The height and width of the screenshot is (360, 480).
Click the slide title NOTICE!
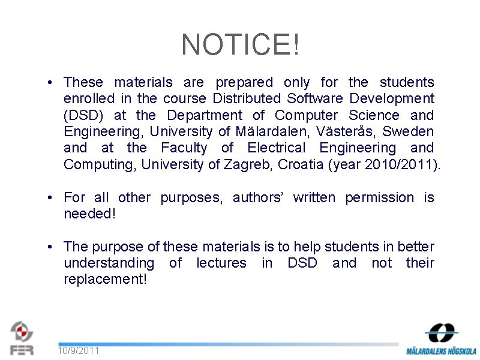[240, 44]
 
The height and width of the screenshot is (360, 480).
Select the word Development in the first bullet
[392, 98]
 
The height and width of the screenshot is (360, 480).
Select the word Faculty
[184, 148]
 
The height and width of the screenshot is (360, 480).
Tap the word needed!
[89, 214]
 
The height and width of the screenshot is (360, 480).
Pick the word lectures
[221, 263]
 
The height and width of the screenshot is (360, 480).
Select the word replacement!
[105, 280]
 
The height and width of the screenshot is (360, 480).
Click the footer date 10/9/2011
[79, 350]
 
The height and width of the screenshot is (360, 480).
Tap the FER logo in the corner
[22, 337]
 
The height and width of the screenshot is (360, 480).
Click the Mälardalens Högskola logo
[441, 339]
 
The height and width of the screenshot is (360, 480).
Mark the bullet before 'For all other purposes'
[53, 197]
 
